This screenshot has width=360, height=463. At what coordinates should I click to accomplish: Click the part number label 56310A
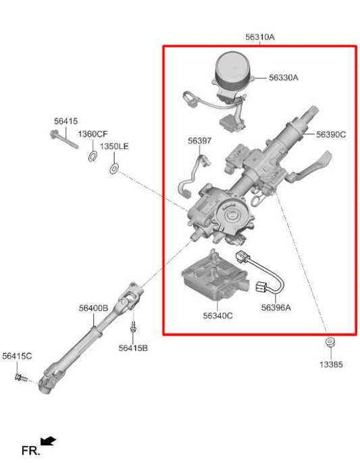point(259,38)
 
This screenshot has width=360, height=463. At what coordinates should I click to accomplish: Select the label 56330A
point(283,78)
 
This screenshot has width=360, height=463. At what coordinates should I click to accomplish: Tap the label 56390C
point(330,134)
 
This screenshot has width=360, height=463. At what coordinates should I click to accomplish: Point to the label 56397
point(199,141)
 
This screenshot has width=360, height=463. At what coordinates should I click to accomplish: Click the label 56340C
point(217,315)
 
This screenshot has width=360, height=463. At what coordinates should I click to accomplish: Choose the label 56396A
point(276,308)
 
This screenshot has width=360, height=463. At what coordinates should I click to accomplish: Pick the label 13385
point(331,364)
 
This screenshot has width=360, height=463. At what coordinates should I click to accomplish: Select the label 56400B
point(93,308)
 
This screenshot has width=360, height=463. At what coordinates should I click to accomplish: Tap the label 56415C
point(16,356)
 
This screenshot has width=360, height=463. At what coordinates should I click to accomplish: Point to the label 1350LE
point(114,146)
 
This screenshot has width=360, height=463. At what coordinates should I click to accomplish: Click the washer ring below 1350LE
point(113,166)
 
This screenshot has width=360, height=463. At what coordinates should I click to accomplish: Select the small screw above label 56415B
point(133,327)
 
